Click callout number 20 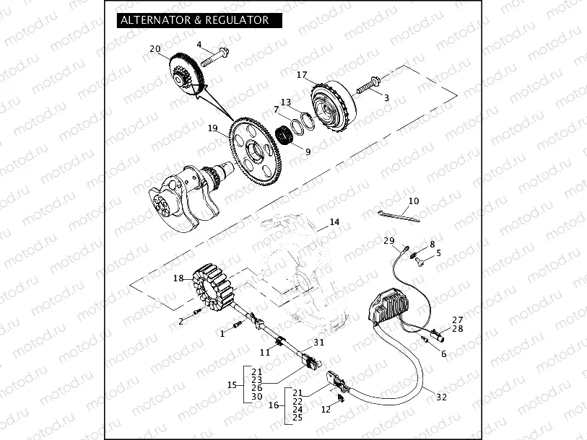click(155, 49)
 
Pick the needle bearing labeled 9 click(292, 136)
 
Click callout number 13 click(286, 102)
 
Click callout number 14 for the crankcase click(334, 222)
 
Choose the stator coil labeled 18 click(214, 294)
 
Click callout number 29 click(388, 240)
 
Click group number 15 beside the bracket click(232, 385)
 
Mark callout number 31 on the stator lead click(319, 342)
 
